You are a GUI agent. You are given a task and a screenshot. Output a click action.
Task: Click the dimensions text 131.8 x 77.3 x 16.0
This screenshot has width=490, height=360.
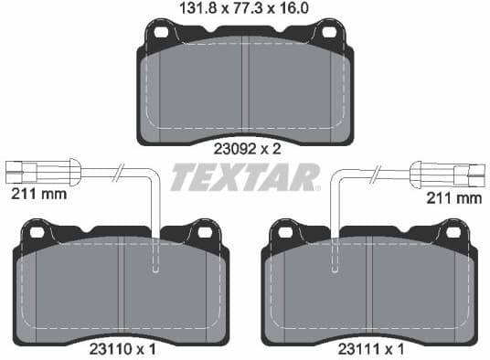pos(244,10)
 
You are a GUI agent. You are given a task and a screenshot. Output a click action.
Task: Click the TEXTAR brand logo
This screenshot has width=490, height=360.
pos(245,176)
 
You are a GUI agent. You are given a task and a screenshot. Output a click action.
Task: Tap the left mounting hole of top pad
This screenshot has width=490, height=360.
pos(162,32)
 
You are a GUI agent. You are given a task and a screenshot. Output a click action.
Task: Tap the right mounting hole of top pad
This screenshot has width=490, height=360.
pos(327,32)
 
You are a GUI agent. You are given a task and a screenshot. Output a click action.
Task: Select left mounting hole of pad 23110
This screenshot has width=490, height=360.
pos(37,232)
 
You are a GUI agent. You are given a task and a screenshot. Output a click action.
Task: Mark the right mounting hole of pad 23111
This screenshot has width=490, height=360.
pos(452,232)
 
